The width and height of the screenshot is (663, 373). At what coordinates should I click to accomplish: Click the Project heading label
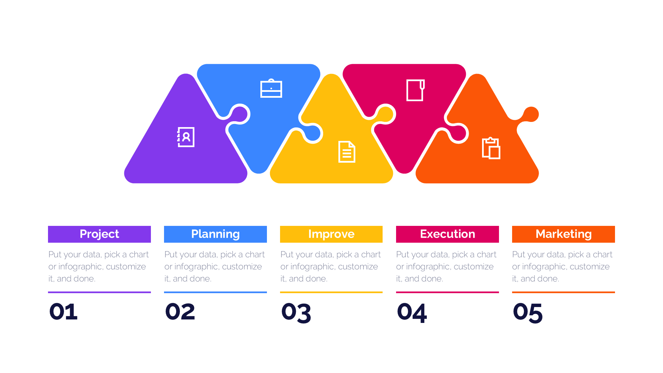99,234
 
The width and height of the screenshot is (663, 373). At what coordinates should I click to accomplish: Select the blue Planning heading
215,234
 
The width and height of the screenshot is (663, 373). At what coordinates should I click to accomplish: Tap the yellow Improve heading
331,234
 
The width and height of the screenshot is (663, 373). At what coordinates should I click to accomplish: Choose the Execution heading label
448,234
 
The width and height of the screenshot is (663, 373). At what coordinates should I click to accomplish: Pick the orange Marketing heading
564,234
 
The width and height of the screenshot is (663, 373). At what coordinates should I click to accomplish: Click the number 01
64,312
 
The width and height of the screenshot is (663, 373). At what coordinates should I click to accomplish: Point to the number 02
180,312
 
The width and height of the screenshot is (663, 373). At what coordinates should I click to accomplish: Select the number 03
296,313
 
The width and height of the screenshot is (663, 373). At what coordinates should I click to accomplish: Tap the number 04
412,313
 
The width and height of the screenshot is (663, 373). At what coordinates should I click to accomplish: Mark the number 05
528,313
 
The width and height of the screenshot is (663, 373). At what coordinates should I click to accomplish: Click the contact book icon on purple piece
186,137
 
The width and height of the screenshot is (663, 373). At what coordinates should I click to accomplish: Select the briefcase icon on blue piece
271,88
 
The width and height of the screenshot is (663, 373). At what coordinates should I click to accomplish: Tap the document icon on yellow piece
347,152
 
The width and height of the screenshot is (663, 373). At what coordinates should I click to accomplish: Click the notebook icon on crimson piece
415,90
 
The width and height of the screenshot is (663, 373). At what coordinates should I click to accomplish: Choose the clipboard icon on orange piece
491,148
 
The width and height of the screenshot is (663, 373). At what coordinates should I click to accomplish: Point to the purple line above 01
99,292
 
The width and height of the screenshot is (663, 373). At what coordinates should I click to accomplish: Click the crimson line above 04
448,292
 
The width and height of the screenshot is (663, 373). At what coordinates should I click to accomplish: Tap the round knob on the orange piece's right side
531,114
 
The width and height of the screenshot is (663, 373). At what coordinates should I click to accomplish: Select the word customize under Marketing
590,267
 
